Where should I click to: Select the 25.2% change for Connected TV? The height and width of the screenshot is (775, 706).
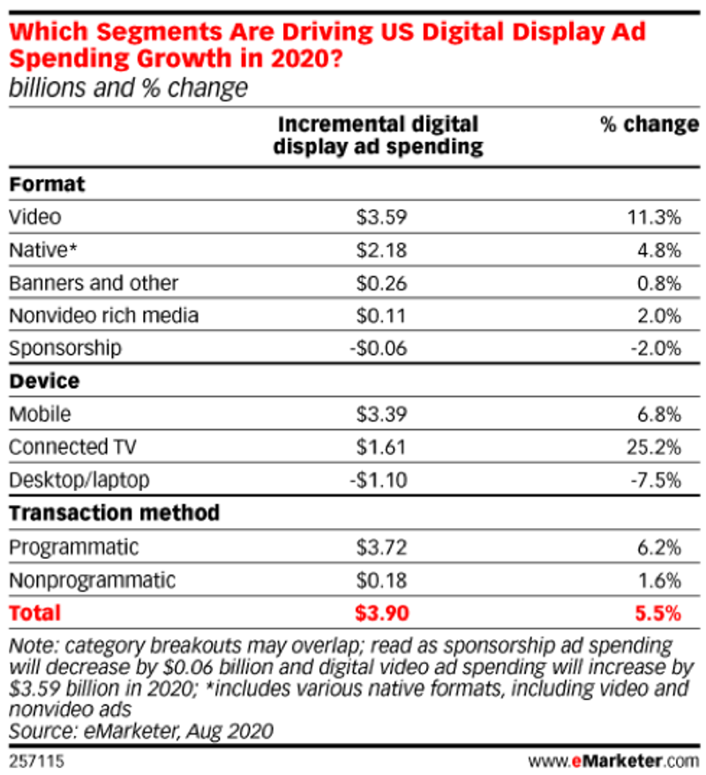tap(653, 447)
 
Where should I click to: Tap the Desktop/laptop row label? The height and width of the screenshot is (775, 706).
tap(79, 481)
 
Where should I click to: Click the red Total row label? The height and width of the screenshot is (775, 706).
tap(34, 613)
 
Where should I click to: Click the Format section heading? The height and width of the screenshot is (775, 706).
tap(47, 184)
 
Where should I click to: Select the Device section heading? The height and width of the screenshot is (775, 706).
tap(44, 382)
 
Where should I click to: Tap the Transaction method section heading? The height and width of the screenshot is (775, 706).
tap(114, 513)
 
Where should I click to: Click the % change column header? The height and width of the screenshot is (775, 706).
tap(650, 125)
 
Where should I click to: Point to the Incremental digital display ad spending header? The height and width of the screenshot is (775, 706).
tap(378, 136)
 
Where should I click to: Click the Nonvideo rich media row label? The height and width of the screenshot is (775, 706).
tap(103, 316)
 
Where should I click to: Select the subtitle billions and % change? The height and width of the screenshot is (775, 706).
tap(128, 88)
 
